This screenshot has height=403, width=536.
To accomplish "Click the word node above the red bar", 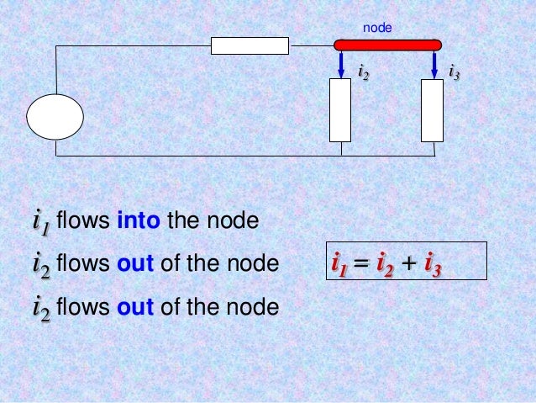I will pyautogui.click(x=377, y=29).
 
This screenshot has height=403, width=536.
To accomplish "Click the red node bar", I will pyautogui.click(x=386, y=45).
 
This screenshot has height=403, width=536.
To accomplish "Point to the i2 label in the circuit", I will pyautogui.click(x=364, y=74).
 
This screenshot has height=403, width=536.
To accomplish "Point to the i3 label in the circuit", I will pyautogui.click(x=455, y=73).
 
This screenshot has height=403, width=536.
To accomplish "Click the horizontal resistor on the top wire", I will pyautogui.click(x=250, y=45).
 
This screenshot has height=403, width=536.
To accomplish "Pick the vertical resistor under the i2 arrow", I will pyautogui.click(x=340, y=110).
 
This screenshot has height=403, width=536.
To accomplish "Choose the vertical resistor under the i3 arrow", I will pyautogui.click(x=432, y=110).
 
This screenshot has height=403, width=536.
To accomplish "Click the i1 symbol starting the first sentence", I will pyautogui.click(x=40, y=223).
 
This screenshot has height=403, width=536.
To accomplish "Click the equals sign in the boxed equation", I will pyautogui.click(x=363, y=266).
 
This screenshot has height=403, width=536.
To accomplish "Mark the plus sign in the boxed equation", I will pyautogui.click(x=408, y=266).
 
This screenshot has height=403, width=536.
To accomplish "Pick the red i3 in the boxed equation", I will pyautogui.click(x=433, y=267).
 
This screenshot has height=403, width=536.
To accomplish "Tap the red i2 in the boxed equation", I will pyautogui.click(x=386, y=267).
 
